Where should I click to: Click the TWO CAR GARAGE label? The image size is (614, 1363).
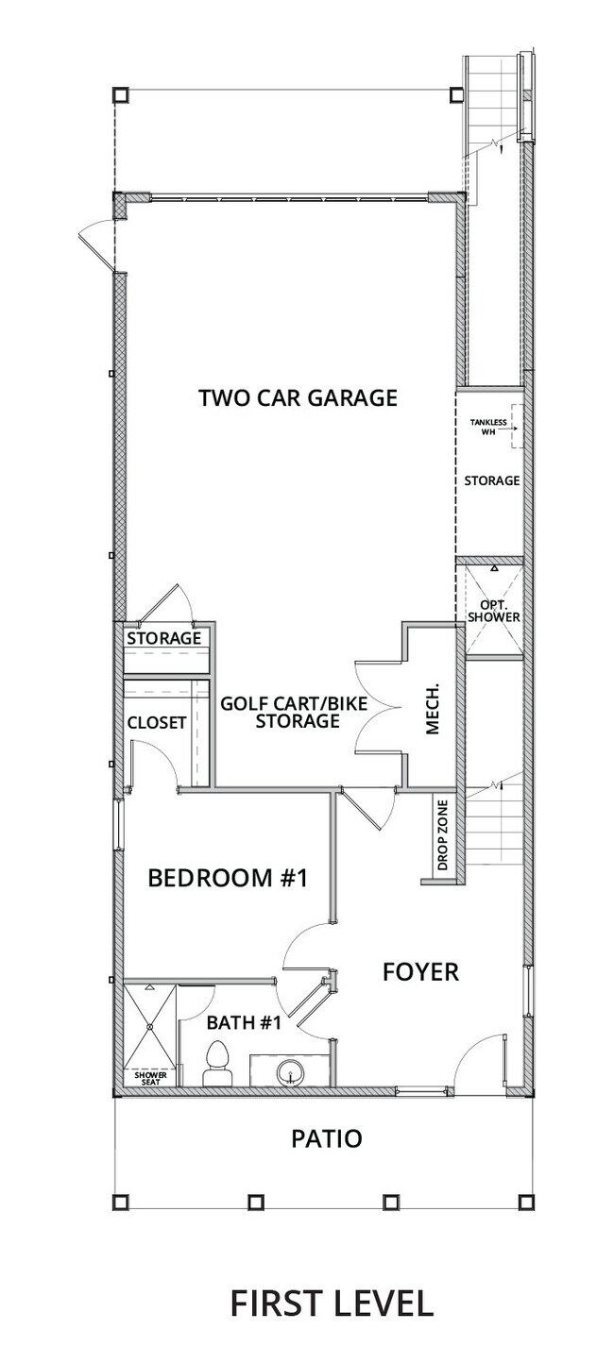(298, 397)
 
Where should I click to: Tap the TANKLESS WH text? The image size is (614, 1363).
(488, 428)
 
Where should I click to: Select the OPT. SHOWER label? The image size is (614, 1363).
(494, 610)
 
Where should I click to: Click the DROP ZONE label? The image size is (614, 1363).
(442, 836)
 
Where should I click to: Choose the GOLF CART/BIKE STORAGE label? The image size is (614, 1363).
(294, 713)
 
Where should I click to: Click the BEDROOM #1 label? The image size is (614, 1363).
(229, 878)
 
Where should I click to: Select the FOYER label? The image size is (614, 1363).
(420, 971)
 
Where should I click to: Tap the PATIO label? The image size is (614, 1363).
(326, 1138)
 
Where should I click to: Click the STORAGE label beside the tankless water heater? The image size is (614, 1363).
(491, 480)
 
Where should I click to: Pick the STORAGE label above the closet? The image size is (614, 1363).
(164, 638)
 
